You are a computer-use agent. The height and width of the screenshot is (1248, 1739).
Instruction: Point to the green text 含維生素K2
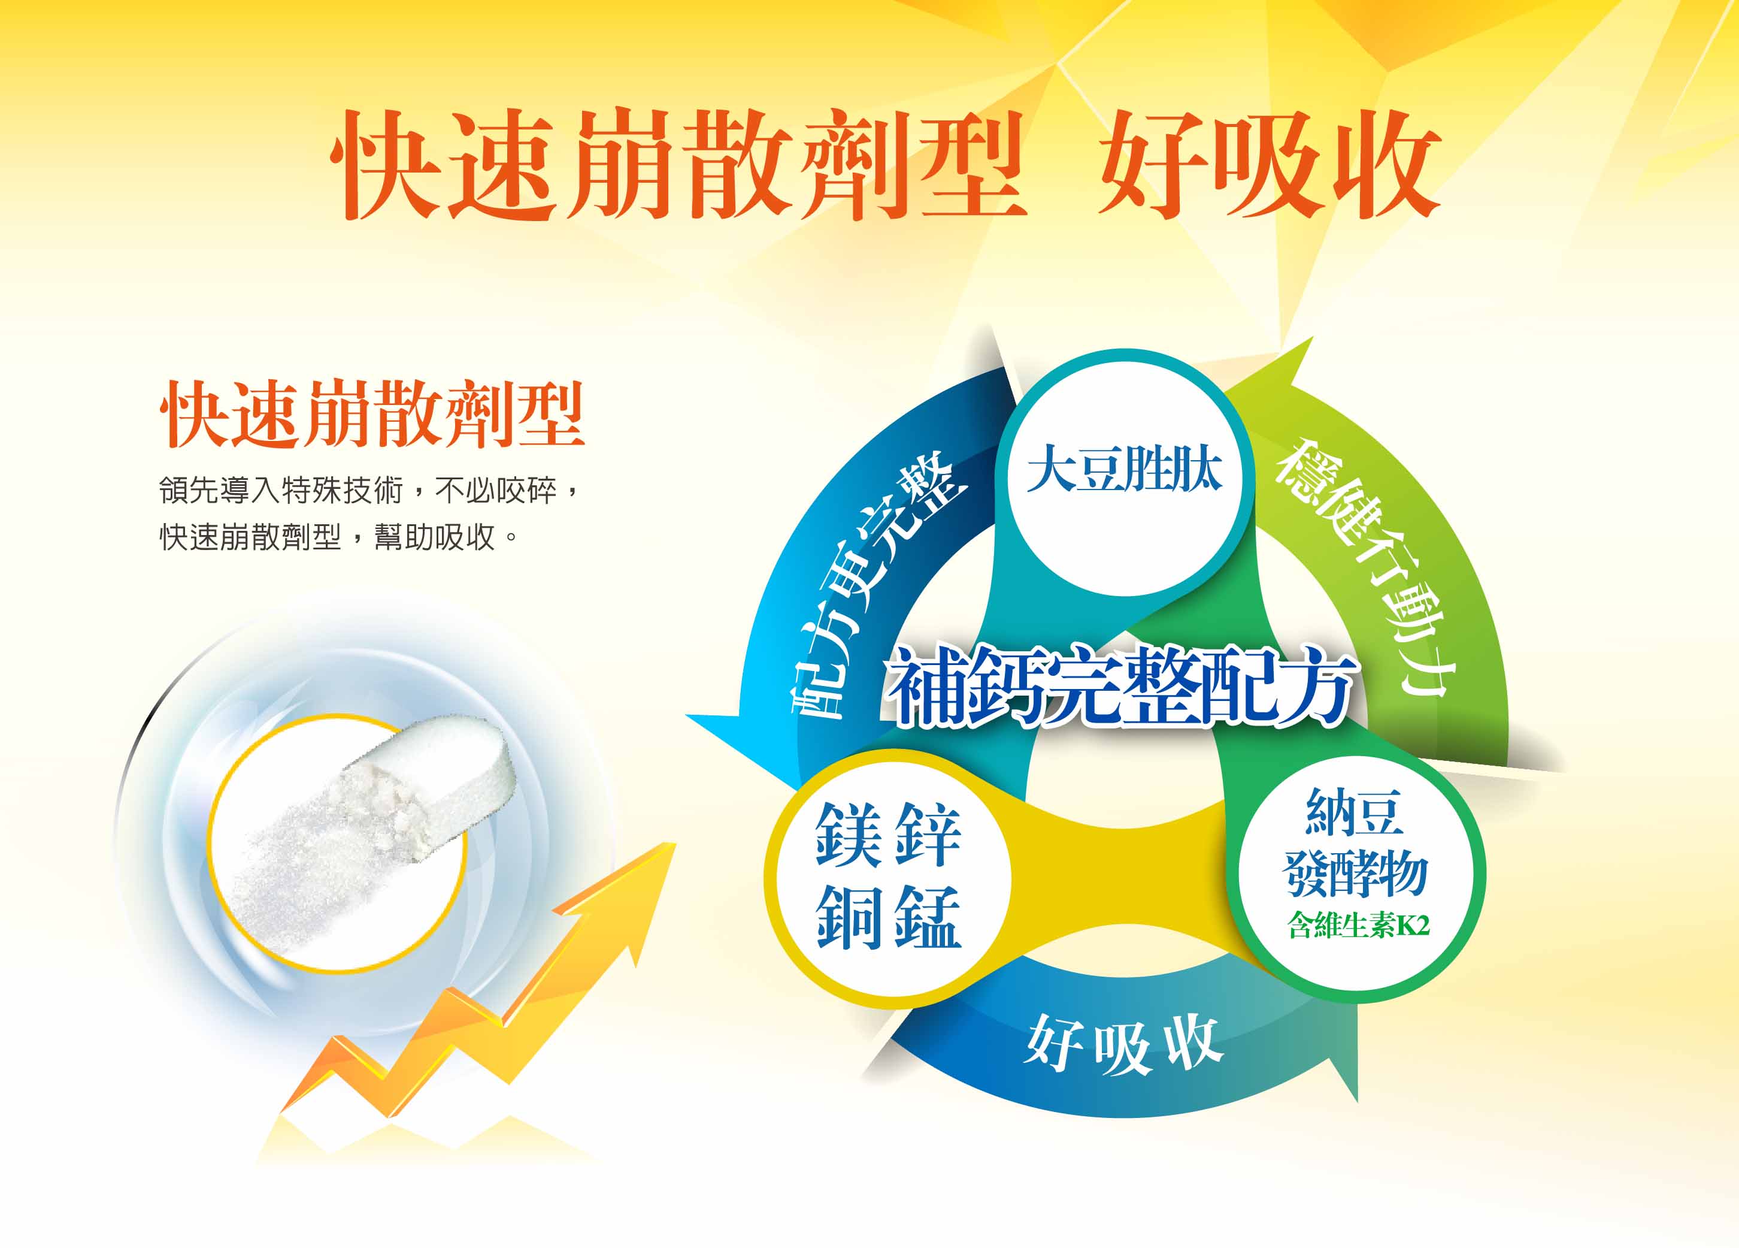coord(1358,926)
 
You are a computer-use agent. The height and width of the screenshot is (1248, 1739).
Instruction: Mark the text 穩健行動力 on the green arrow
coord(1364,567)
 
